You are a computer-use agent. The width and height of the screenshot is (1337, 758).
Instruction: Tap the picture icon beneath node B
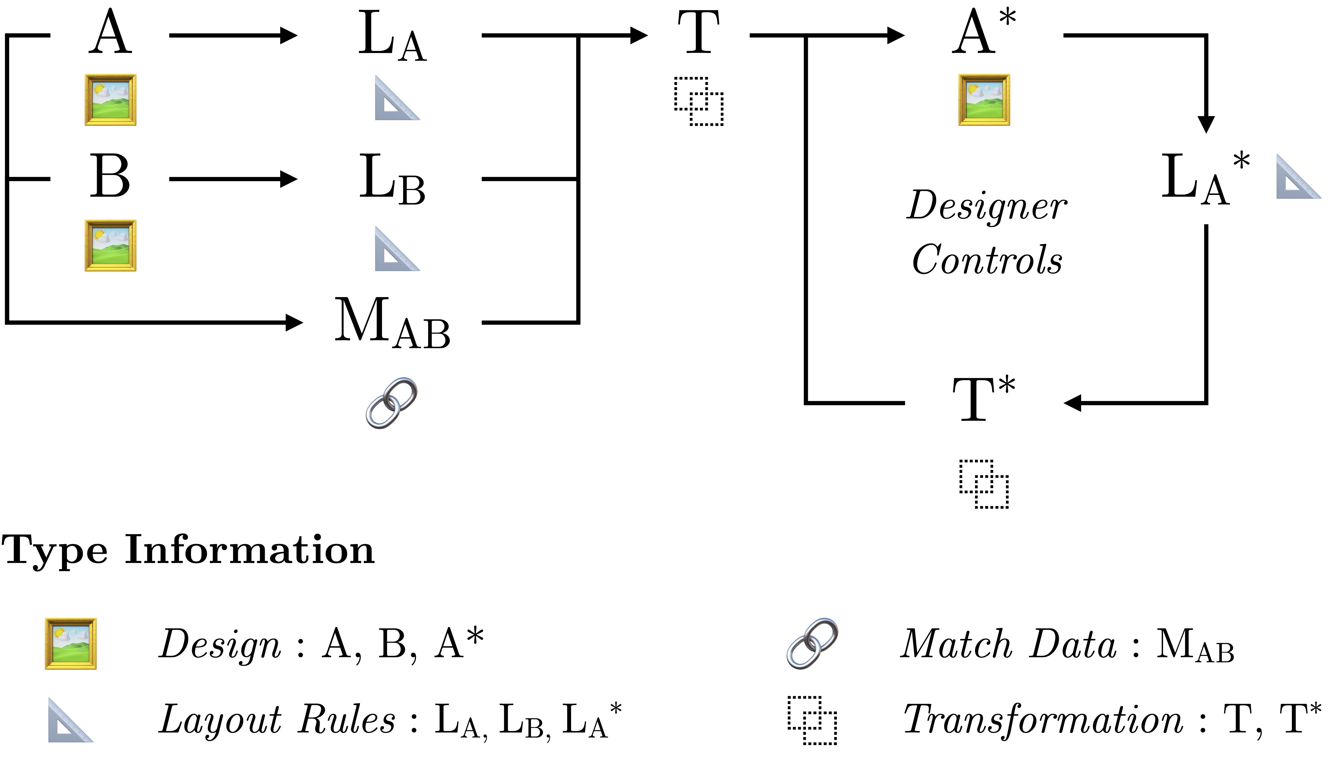click(110, 245)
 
